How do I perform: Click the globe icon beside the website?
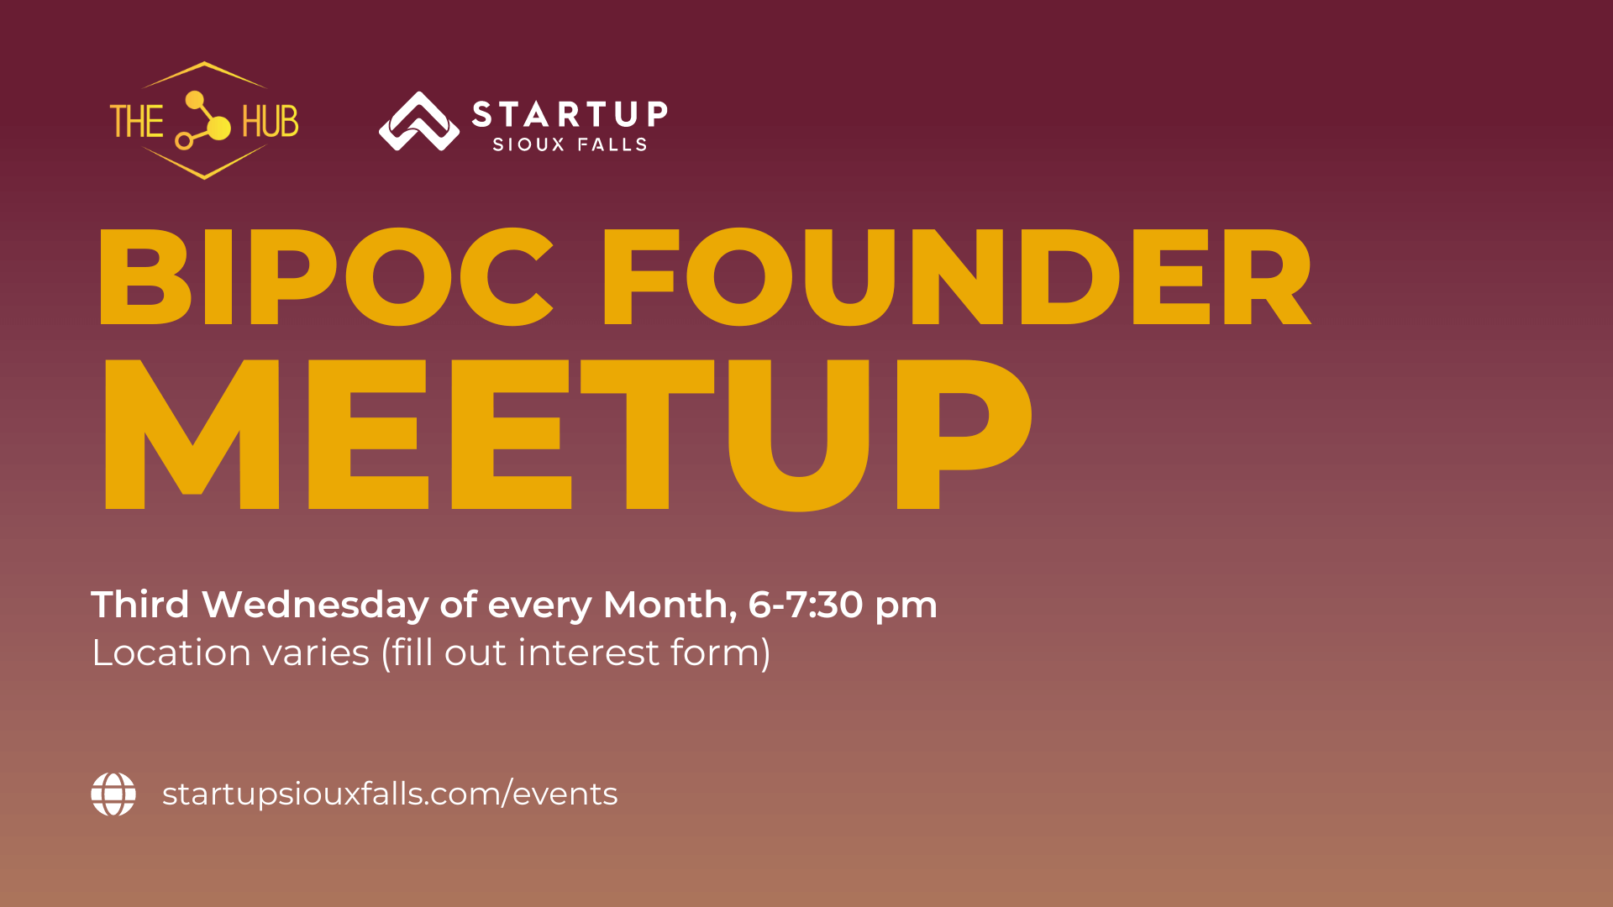pyautogui.click(x=113, y=794)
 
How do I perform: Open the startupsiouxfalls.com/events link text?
pyautogui.click(x=390, y=794)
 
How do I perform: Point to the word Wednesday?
pyautogui.click(x=315, y=606)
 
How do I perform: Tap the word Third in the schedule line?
pyautogui.click(x=140, y=604)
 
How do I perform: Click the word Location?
pyautogui.click(x=171, y=653)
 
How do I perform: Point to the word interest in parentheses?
pyautogui.click(x=589, y=653)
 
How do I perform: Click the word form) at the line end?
pyautogui.click(x=721, y=653)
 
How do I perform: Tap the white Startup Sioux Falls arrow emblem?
pyautogui.click(x=419, y=121)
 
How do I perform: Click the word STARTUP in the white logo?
pyautogui.click(x=570, y=113)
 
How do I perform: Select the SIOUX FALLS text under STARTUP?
pyautogui.click(x=570, y=144)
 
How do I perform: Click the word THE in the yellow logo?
pyautogui.click(x=137, y=122)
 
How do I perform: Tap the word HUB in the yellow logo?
pyautogui.click(x=271, y=122)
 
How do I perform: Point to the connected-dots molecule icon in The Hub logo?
pyautogui.click(x=202, y=120)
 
